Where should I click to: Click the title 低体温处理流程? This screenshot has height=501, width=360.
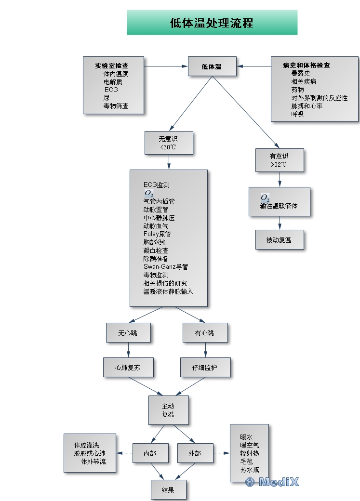212,23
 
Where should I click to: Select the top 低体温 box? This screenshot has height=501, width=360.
212,66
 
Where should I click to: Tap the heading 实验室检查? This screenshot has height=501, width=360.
112,66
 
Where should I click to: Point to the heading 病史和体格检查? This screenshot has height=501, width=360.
307,66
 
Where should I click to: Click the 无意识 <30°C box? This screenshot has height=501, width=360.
168,143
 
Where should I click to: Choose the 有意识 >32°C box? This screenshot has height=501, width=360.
280,160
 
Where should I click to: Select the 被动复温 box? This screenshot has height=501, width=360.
279,239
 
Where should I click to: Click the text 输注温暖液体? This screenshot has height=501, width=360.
279,206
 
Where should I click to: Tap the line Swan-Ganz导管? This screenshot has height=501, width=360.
165,266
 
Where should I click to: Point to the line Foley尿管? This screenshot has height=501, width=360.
157,234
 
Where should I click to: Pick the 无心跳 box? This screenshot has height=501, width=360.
128,333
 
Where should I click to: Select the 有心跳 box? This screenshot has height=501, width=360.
205,333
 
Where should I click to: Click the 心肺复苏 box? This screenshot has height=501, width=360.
128,367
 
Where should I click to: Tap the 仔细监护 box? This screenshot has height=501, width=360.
205,367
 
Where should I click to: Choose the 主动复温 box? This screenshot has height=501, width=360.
168,410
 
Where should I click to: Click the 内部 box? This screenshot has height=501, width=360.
150,453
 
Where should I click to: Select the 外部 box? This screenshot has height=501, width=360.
195,453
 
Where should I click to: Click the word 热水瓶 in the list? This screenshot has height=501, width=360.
249,469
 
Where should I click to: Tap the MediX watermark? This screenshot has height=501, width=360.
272,482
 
